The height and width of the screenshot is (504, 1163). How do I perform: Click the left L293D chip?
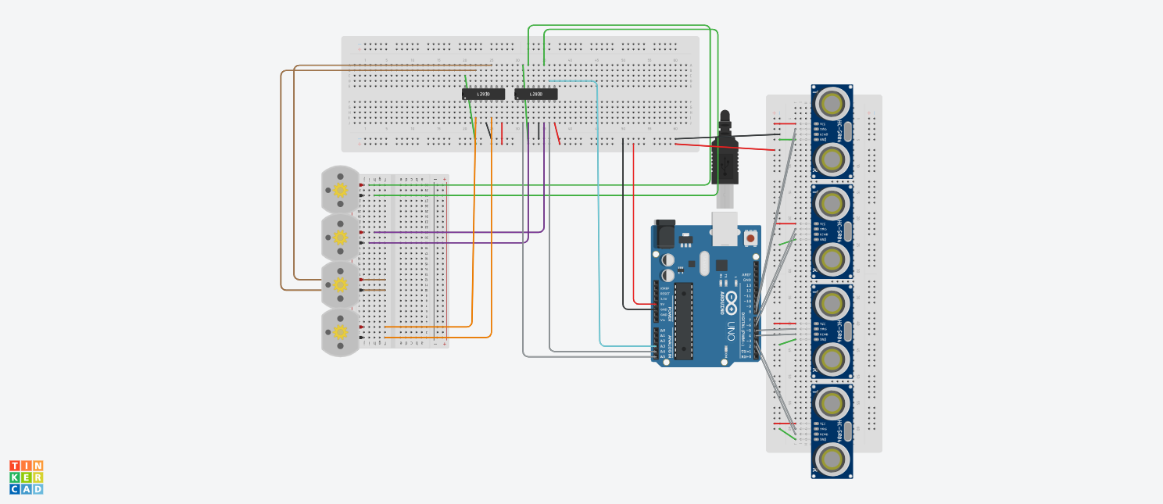(x=483, y=95)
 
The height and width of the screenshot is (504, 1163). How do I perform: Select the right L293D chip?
(x=535, y=95)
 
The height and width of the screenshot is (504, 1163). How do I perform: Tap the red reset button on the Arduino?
(x=750, y=238)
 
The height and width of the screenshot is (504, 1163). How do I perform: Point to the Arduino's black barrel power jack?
(x=664, y=232)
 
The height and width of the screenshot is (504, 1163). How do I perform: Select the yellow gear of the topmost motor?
(x=340, y=190)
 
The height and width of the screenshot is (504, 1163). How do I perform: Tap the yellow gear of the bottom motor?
(x=340, y=332)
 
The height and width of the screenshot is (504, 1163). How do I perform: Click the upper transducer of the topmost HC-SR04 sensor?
(x=832, y=102)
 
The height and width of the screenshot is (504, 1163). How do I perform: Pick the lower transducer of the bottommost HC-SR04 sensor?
(x=832, y=460)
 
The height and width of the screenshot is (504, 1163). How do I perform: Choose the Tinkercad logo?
(x=27, y=477)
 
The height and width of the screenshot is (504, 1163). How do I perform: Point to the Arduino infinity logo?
(x=731, y=298)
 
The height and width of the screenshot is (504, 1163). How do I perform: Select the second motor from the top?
(x=340, y=237)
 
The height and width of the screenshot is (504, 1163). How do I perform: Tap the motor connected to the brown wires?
(x=340, y=284)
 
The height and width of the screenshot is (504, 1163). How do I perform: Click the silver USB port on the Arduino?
(x=725, y=220)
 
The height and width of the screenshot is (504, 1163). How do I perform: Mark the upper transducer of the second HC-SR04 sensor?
(x=832, y=202)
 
